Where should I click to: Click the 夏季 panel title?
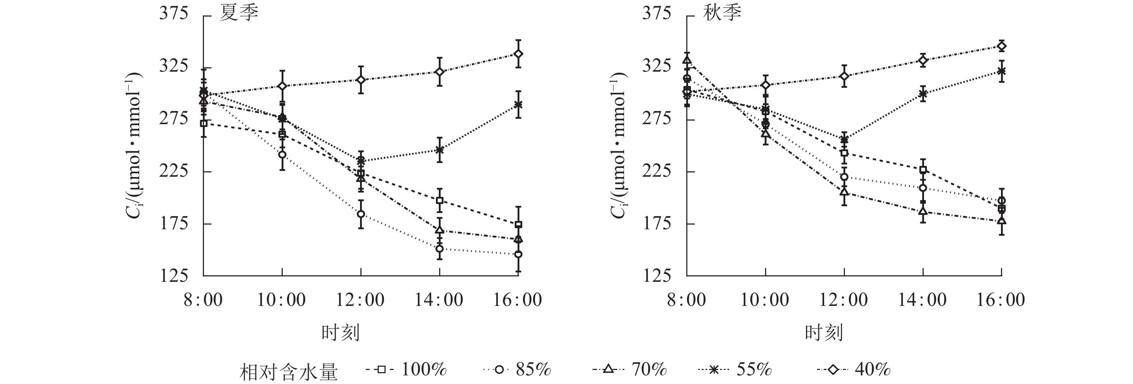239,13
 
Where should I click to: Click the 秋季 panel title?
722,13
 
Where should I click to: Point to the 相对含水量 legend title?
288,372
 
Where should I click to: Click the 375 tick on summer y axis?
173,14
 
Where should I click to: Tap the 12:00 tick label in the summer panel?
360,300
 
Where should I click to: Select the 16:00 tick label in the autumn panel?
1001,300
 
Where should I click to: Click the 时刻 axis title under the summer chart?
340,333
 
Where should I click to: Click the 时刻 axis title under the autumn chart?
824,333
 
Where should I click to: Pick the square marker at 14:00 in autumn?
923,170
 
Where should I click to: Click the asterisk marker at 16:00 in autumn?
1001,71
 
